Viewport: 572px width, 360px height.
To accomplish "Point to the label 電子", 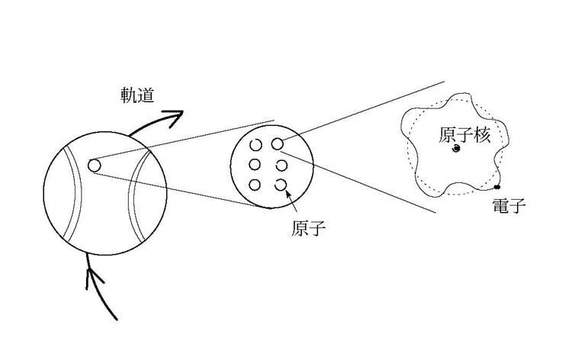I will point(509,205).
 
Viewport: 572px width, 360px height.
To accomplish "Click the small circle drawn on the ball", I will point(95,165).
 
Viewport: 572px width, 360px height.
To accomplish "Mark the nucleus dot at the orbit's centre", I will point(455,150).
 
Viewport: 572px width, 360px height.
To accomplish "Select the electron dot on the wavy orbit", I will point(497,186).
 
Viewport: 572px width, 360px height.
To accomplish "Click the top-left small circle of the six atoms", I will point(255,144).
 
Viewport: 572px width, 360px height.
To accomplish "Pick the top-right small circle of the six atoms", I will point(278,143).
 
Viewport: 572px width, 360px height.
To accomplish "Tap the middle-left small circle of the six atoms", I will point(255,164).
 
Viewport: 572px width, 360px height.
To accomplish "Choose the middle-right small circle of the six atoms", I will point(280,164).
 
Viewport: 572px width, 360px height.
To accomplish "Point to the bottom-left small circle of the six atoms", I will point(255,185).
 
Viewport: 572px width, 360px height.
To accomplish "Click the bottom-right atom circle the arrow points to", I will point(280,184).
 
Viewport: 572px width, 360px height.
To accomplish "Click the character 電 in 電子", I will point(500,205).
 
